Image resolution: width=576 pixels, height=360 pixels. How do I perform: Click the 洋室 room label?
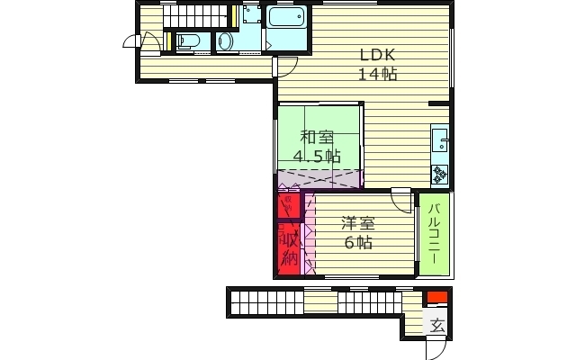click(x=357, y=222)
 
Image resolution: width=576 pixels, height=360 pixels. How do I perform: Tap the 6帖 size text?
click(x=357, y=242)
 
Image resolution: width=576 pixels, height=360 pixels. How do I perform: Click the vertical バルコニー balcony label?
click(x=433, y=233)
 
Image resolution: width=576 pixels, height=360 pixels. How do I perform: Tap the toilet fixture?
click(x=188, y=40)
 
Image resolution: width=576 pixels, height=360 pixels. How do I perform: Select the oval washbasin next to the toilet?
click(x=225, y=42)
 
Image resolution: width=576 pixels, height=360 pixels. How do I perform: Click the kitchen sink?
click(x=439, y=140)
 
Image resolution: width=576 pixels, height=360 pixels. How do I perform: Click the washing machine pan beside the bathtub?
click(x=250, y=14)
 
